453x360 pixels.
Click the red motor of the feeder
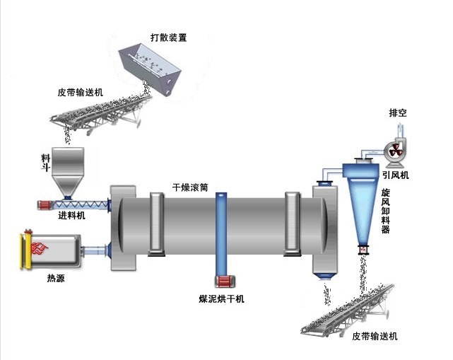45,205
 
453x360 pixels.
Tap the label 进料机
71,216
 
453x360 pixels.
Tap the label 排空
398,113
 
